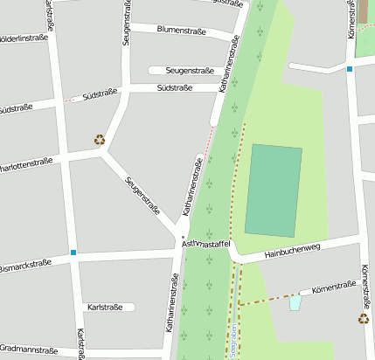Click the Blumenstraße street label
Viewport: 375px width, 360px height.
coord(181,30)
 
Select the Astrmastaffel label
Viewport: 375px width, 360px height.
coord(205,245)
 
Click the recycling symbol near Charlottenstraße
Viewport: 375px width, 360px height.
coord(100,139)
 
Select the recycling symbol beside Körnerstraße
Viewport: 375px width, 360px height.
coord(363,319)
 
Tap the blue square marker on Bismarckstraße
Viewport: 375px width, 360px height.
coord(73,253)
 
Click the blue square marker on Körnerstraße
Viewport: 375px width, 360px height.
coord(350,68)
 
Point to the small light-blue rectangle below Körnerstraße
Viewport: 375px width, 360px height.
coord(295,302)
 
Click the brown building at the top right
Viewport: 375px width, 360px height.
coord(363,11)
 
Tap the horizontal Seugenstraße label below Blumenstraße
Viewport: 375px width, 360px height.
coord(180,70)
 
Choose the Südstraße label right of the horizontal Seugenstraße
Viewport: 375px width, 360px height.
coord(174,88)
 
